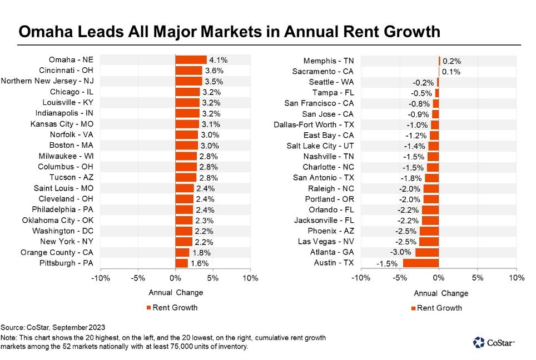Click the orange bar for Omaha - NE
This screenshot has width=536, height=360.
[191, 60]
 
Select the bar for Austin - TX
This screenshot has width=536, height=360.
[421, 263]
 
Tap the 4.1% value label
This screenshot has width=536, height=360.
[217, 60]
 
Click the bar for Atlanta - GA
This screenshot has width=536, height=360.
[427, 252]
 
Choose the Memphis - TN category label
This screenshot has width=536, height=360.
[329, 61]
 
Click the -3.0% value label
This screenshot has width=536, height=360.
[403, 252]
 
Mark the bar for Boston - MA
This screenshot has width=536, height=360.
[186, 145]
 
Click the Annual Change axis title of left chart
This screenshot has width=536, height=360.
[176, 293]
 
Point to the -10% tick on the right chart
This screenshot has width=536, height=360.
[361, 278]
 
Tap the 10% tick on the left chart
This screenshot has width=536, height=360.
[250, 278]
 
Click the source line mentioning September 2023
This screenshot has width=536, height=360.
[53, 327]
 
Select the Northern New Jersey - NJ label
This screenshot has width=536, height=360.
[48, 81]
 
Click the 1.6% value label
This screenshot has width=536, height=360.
[201, 263]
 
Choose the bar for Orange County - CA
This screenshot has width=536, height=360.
[182, 252]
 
